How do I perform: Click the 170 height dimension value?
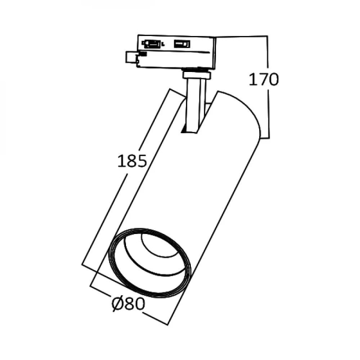click(x=263, y=80)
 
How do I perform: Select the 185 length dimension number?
click(x=132, y=161)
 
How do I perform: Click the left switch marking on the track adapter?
click(x=153, y=44)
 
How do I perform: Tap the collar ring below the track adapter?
click(x=196, y=75)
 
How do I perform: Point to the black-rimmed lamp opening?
click(x=150, y=263)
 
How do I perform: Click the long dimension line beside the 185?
click(x=126, y=180)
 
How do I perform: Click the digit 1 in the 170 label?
click(x=253, y=80)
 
